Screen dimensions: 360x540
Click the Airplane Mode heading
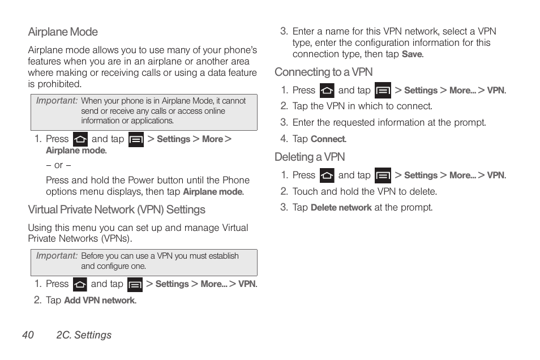click(x=63, y=32)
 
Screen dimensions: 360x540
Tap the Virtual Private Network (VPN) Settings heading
click(x=117, y=210)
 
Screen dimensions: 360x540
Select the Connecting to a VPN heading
click(x=323, y=72)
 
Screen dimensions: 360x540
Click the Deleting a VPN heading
click(x=310, y=157)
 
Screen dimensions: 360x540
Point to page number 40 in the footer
click(x=28, y=335)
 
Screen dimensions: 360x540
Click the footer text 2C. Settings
click(x=84, y=335)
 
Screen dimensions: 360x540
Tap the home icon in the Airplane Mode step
click(x=80, y=139)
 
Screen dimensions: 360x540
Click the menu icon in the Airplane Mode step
click(x=136, y=139)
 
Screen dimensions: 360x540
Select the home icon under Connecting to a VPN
click(x=327, y=91)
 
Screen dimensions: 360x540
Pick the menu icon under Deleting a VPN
click(x=383, y=175)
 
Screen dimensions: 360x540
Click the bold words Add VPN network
click(x=100, y=301)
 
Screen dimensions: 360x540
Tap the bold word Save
click(x=412, y=54)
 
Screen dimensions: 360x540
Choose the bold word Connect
click(x=328, y=139)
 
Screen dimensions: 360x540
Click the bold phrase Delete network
click(x=341, y=208)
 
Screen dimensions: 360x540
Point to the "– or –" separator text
click(x=58, y=165)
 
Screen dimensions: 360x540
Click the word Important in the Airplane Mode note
click(x=57, y=101)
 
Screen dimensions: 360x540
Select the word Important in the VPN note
click(x=57, y=256)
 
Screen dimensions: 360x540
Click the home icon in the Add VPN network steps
click(x=80, y=284)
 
